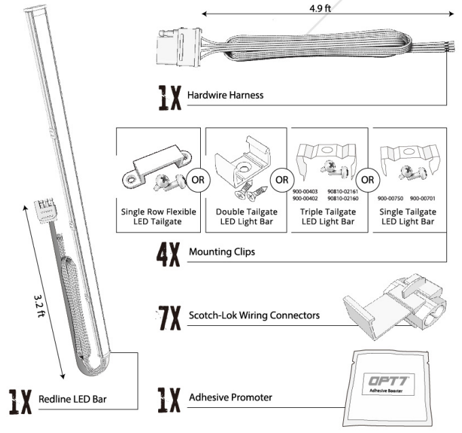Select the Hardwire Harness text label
(225, 96)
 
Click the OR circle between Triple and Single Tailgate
(367, 180)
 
